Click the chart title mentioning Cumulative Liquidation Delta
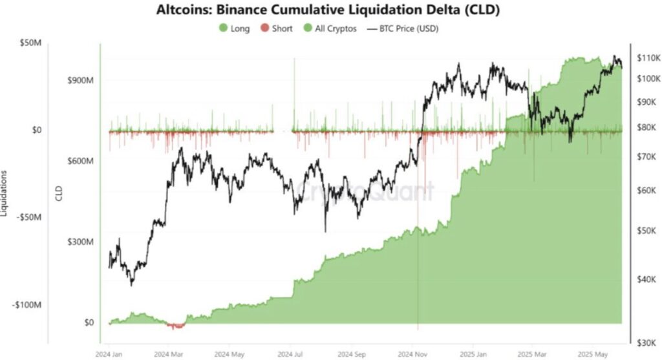point(329,10)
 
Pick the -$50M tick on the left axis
point(28,217)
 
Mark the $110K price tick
point(648,58)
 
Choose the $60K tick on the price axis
point(646,191)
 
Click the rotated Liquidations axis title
point(5,194)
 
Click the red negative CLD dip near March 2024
point(175,326)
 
